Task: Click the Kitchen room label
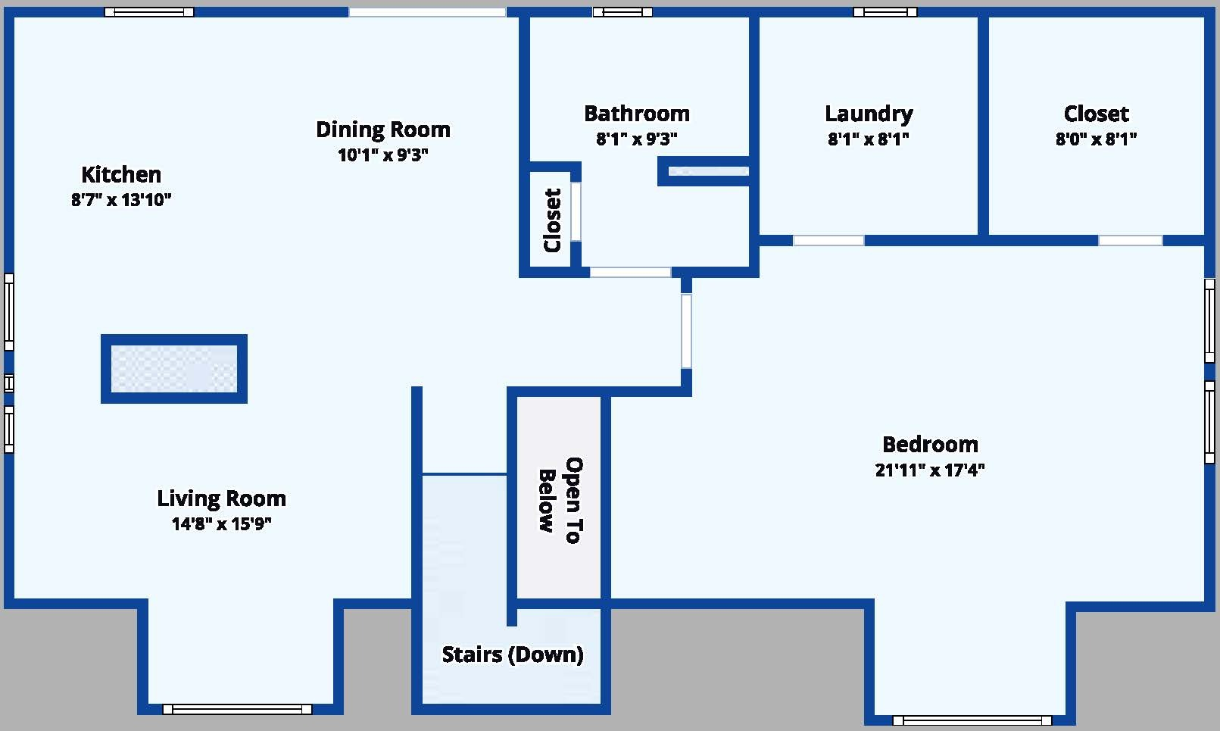point(121,175)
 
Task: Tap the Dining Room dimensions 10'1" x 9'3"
point(383,155)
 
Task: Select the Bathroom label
point(637,114)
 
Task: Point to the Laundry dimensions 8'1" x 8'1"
point(868,139)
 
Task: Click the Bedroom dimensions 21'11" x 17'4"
point(930,470)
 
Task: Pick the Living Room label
point(221,498)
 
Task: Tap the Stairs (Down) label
point(513,654)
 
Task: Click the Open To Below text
point(560,500)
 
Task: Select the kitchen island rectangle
point(174,369)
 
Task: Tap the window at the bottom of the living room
point(238,709)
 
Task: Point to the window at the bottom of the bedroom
point(972,720)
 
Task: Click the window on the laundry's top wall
point(885,12)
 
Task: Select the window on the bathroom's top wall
point(622,12)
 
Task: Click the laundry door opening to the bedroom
point(828,240)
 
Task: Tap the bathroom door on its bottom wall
point(631,272)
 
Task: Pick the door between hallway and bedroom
point(686,331)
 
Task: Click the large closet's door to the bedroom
point(1131,240)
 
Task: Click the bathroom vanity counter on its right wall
point(709,171)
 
